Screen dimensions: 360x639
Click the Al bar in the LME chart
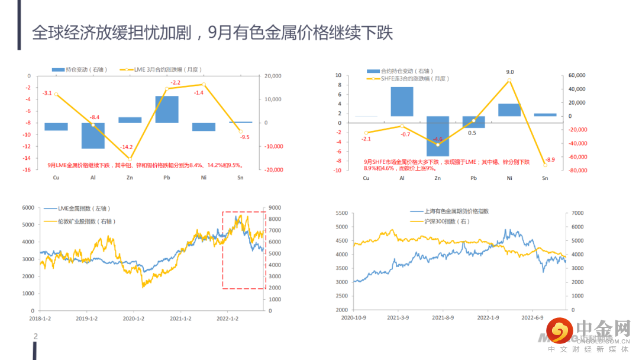click(93, 136)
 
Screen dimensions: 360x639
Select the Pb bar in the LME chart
click(167, 110)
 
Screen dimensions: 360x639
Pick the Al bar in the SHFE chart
click(402, 101)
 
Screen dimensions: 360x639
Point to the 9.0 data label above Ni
click(510, 72)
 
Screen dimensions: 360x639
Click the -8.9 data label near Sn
click(549, 160)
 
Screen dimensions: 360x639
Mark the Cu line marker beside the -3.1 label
click(56, 94)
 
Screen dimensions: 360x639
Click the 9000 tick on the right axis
click(276, 208)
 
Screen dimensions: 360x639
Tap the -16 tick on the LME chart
click(27, 170)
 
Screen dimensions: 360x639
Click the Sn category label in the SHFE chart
click(545, 178)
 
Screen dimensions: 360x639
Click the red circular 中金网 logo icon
click(559, 330)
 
